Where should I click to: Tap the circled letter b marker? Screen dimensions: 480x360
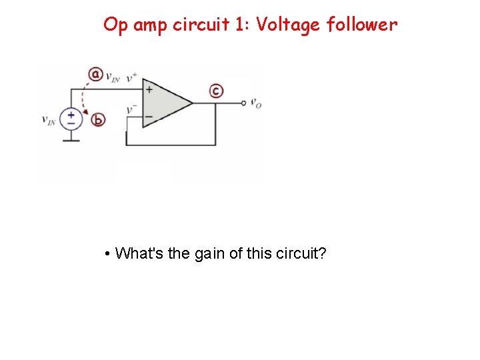point(99,120)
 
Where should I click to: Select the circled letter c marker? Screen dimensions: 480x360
point(216,91)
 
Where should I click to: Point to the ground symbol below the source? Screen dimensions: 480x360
point(71,139)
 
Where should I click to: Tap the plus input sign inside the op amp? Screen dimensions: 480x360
point(149,89)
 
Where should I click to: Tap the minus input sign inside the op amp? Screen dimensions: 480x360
point(149,116)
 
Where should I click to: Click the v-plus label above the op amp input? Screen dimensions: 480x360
point(131,76)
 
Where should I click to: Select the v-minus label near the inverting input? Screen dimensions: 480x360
point(132,109)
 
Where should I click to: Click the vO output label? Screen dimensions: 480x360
point(256,103)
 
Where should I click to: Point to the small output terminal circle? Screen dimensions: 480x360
point(244,103)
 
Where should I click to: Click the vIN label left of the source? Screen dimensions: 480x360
point(49,120)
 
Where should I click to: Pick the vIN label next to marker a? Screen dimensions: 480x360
point(113,76)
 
